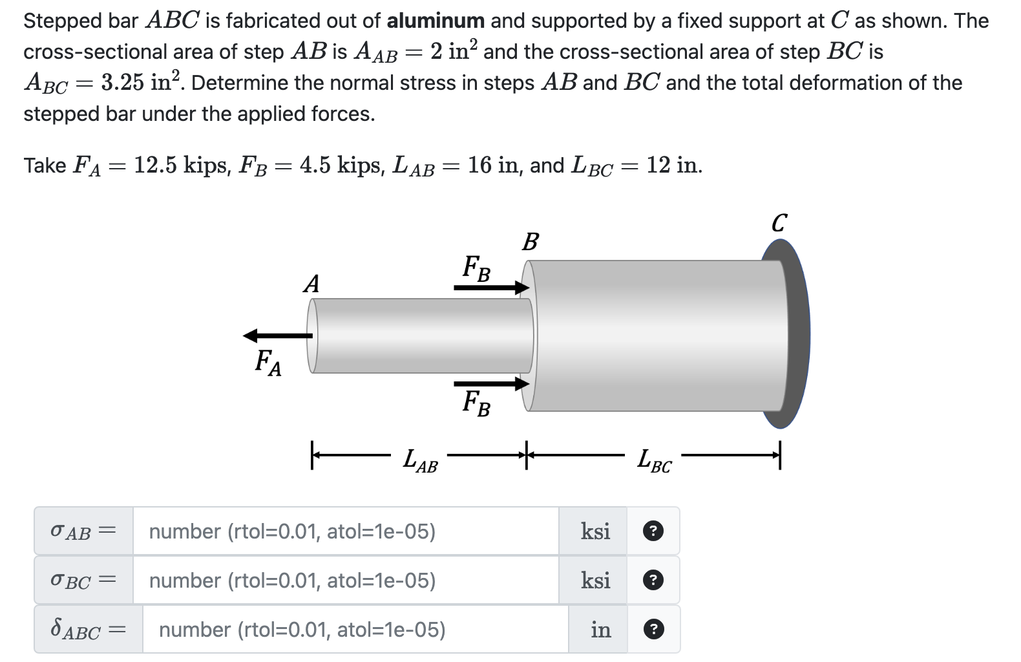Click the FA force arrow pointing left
click(277, 335)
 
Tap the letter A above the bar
click(311, 284)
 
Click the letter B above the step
click(530, 242)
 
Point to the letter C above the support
click(779, 224)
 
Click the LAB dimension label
click(420, 462)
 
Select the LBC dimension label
click(654, 462)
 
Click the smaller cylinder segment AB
click(420, 336)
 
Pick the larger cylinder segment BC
click(656, 336)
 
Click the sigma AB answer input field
click(346, 531)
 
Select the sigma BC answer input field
click(346, 581)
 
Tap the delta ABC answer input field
click(355, 630)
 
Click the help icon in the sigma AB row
click(653, 531)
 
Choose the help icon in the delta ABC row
click(653, 630)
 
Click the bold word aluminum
click(436, 21)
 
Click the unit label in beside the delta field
click(600, 630)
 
